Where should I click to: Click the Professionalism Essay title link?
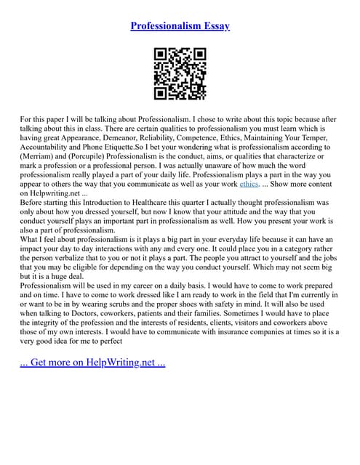pyautogui.click(x=180, y=26)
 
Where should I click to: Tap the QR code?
pyautogui.click(x=180, y=73)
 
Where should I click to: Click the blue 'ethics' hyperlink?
pyautogui.click(x=249, y=184)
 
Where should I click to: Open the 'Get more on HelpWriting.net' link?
pyautogui.click(x=92, y=361)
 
